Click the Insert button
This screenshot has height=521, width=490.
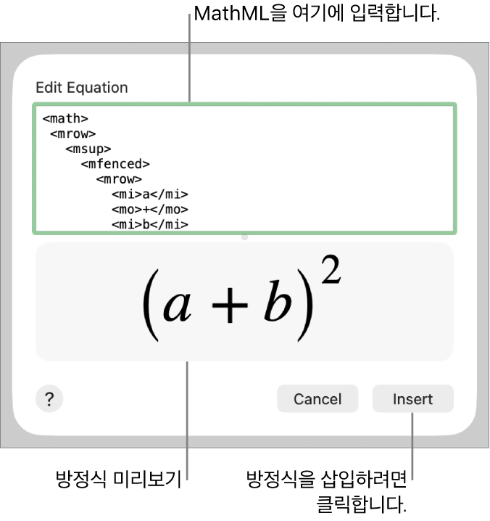coord(412,399)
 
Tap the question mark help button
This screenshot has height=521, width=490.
coord(49,399)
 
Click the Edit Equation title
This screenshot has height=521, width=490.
coord(81,88)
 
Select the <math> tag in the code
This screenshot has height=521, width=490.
coord(65,118)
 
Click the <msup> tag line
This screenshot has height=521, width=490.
coord(88,149)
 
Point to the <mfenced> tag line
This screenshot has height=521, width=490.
coord(115,164)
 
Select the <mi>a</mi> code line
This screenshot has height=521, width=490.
coord(150,194)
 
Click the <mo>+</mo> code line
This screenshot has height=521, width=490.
coord(150,210)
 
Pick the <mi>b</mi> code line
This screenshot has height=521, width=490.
coord(150,225)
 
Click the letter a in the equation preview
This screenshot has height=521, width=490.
coord(178,305)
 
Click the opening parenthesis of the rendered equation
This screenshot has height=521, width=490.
coord(149,305)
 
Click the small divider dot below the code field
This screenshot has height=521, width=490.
coord(244,237)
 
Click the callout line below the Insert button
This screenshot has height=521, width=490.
coord(412,446)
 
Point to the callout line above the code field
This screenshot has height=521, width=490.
coord(189,58)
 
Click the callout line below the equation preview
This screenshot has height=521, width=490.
coord(188,421)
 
